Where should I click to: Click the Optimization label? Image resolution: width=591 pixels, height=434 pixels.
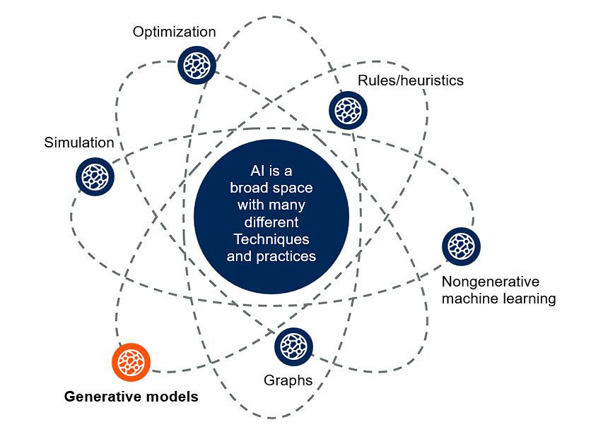(x=175, y=32)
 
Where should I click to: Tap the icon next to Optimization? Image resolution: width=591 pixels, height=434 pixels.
(x=194, y=64)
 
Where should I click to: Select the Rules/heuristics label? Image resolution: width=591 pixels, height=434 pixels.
(x=411, y=80)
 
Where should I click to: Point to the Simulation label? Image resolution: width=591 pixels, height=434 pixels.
(x=78, y=143)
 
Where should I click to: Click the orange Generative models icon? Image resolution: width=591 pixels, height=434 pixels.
(x=131, y=362)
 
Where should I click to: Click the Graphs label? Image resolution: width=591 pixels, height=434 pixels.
(x=288, y=380)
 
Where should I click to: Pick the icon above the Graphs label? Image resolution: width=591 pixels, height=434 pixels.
(x=293, y=346)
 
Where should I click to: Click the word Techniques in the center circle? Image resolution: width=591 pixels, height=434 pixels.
(x=271, y=239)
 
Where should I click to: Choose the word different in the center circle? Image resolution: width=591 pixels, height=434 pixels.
(x=271, y=222)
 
